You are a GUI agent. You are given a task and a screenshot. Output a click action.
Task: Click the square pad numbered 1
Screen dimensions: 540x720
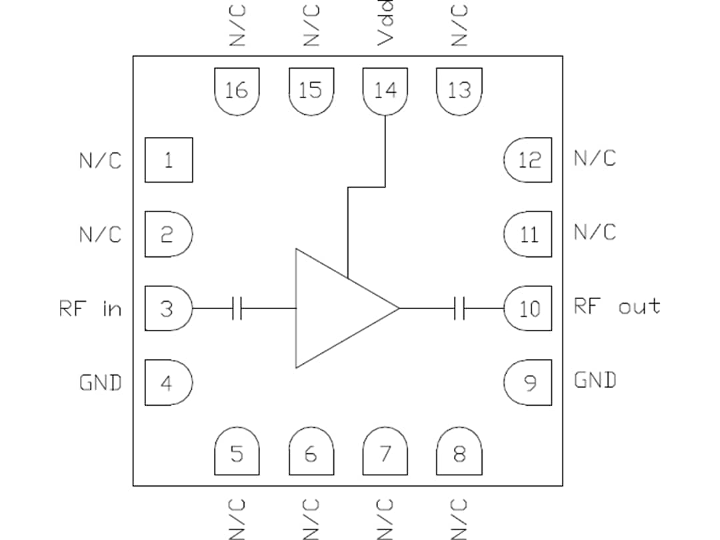pyautogui.click(x=169, y=160)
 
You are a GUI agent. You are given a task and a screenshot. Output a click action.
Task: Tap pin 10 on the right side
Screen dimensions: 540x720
pyautogui.click(x=528, y=308)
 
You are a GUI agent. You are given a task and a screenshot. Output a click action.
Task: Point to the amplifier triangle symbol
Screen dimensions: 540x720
pyautogui.click(x=337, y=308)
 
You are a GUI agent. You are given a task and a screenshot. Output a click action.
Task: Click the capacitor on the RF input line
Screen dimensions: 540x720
pyautogui.click(x=237, y=308)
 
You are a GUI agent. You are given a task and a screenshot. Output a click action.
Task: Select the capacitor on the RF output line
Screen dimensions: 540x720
pyautogui.click(x=459, y=308)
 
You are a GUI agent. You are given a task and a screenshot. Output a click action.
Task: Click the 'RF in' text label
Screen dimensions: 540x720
pyautogui.click(x=91, y=308)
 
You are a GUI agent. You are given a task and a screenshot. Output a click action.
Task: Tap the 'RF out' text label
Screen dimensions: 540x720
pyautogui.click(x=617, y=306)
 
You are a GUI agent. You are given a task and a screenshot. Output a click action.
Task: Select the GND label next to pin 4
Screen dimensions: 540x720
pyautogui.click(x=100, y=382)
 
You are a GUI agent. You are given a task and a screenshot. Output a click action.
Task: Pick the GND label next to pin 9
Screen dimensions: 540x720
pyautogui.click(x=595, y=380)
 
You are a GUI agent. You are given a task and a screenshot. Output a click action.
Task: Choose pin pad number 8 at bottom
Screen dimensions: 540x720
pyautogui.click(x=459, y=455)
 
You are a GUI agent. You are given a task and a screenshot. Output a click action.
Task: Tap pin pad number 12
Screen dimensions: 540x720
pyautogui.click(x=528, y=160)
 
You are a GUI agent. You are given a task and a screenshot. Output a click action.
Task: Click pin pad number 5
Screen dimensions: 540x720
pyautogui.click(x=236, y=455)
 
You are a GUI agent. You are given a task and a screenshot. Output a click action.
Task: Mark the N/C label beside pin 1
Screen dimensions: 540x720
pyautogui.click(x=100, y=160)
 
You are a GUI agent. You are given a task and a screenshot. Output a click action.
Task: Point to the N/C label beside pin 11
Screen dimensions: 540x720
pyautogui.click(x=595, y=232)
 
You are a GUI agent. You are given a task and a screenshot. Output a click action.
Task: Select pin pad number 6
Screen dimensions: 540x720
pyautogui.click(x=311, y=455)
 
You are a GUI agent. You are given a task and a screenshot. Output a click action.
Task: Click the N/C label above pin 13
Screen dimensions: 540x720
pyautogui.click(x=459, y=25)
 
